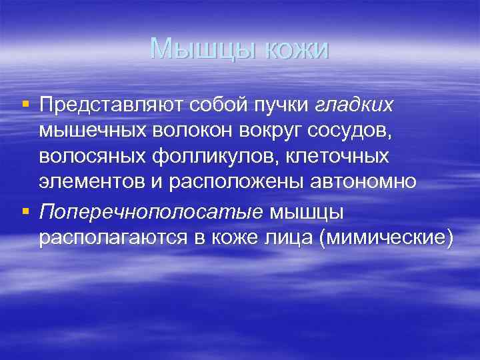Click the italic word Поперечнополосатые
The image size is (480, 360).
(x=151, y=212)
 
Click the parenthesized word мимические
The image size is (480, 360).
(x=386, y=239)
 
